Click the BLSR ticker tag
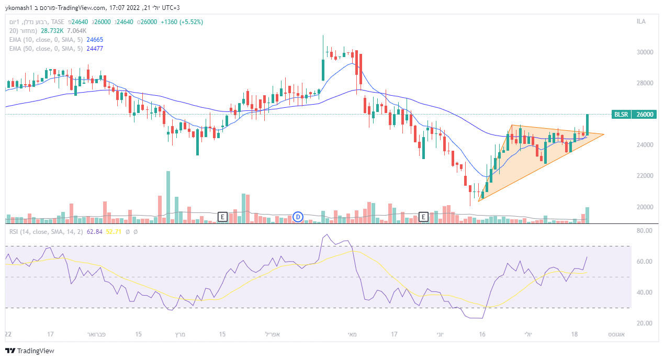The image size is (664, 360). click(x=621, y=114)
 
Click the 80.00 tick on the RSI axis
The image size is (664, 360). click(x=640, y=230)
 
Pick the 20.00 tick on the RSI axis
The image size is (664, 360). click(x=640, y=323)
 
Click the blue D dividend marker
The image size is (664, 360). click(x=298, y=217)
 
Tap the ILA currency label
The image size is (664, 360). click(x=641, y=21)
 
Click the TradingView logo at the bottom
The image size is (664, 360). click(x=30, y=351)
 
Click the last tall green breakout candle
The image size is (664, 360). click(x=588, y=125)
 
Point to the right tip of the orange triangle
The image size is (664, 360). click(x=604, y=134)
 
